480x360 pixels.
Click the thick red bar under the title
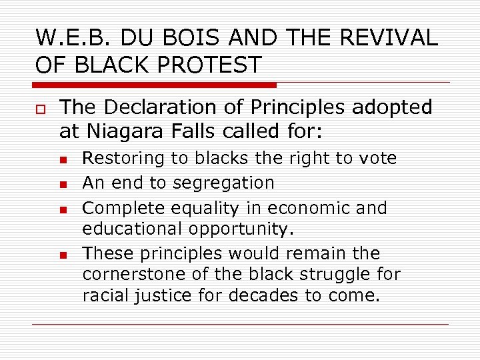(154, 85)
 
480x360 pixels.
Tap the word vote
(377, 158)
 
